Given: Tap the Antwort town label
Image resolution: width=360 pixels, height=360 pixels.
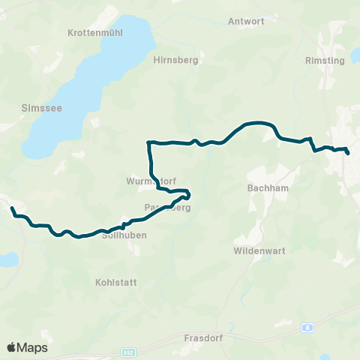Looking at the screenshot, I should (246, 22).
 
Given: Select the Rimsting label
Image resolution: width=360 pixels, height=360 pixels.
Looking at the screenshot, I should (325, 61).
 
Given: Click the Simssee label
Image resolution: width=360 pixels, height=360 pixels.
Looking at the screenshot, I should (36, 108).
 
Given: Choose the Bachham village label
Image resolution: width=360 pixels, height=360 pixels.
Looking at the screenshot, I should (263, 188).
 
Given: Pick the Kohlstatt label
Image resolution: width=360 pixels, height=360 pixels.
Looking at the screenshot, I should (113, 283).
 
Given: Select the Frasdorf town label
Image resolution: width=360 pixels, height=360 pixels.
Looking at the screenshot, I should (200, 338).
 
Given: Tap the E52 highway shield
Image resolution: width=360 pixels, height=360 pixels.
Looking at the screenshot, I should (129, 351).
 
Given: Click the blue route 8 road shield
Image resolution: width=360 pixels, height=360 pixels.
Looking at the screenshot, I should (307, 328).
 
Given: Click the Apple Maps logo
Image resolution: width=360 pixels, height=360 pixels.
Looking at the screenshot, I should (27, 347).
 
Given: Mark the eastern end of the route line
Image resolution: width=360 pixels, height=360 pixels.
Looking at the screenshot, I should (348, 154).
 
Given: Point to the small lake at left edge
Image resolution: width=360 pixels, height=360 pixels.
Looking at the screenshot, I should (7, 259).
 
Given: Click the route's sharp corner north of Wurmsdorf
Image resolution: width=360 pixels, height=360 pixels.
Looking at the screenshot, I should (148, 142).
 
